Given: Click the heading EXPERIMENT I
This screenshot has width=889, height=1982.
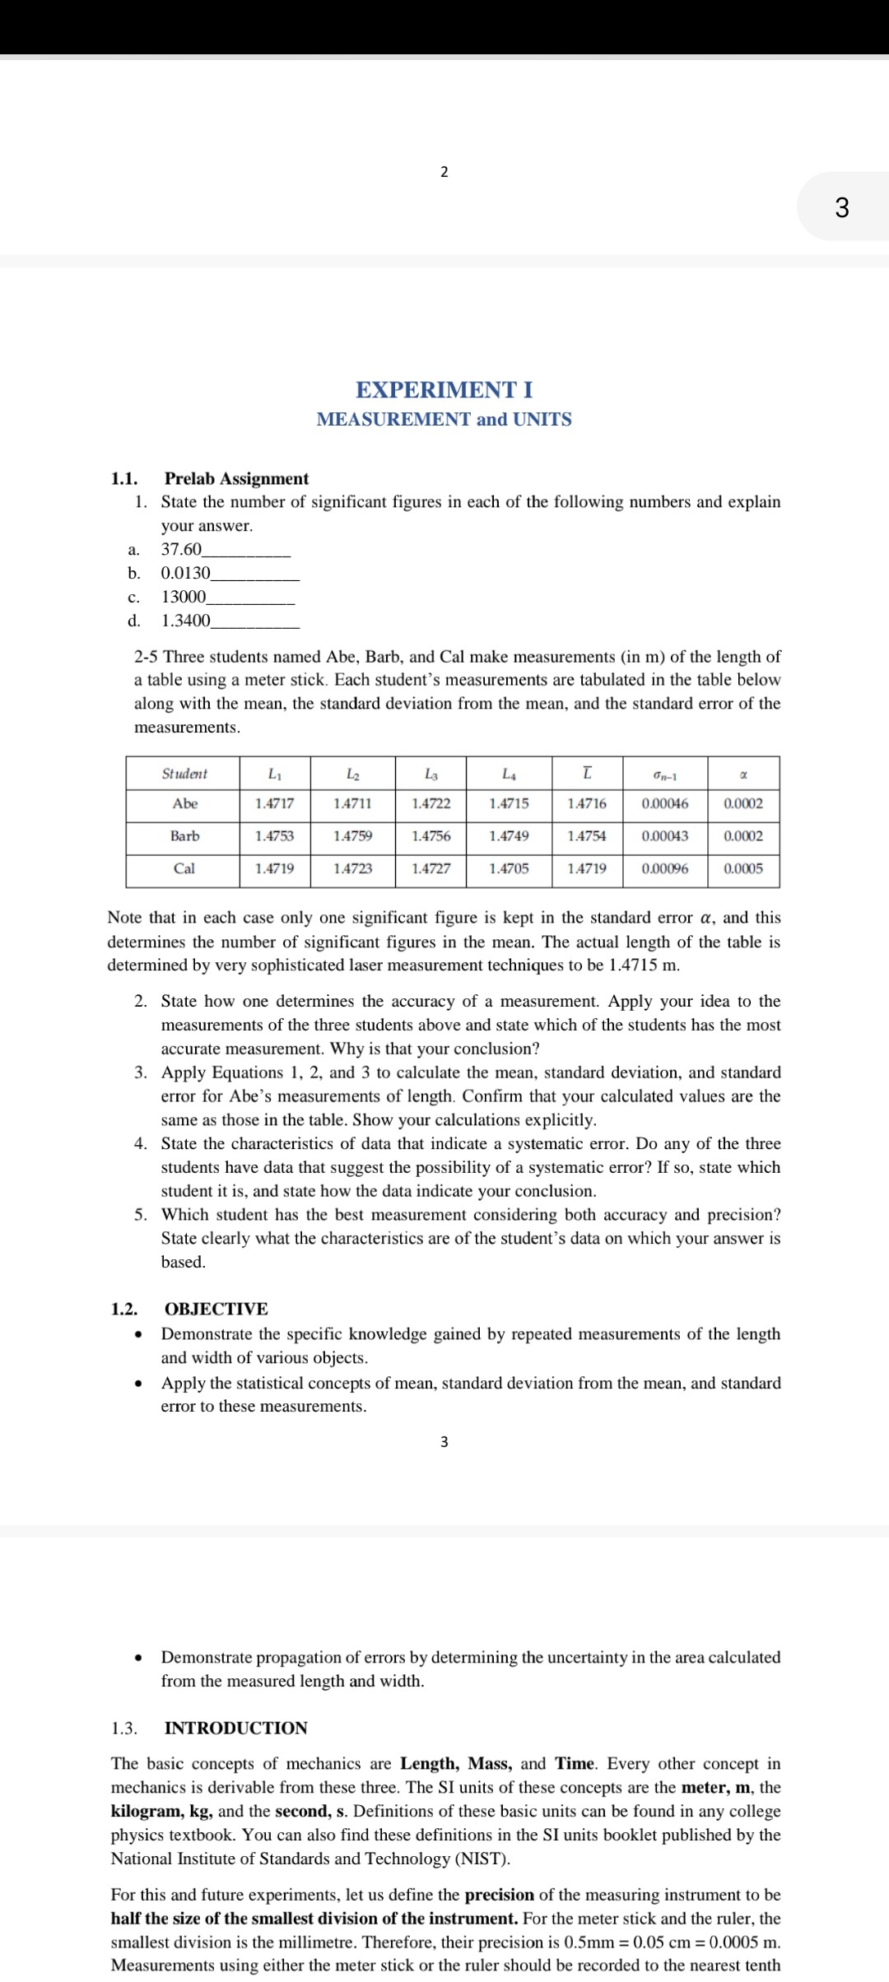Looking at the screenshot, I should [444, 389].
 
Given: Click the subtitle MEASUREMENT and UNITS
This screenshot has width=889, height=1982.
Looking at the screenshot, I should [444, 419].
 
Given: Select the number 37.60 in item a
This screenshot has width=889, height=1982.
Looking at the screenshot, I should [181, 549].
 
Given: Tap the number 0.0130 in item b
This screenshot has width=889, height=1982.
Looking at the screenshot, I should [185, 573].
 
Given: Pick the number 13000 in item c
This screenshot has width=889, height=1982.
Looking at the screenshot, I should [184, 597].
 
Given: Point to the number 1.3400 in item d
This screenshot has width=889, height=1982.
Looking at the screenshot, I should [185, 621].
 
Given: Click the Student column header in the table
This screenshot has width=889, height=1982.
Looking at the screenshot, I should [184, 774].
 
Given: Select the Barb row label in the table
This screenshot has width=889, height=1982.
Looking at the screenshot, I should [184, 836].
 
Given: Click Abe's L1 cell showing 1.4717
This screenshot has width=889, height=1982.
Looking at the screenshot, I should [274, 803].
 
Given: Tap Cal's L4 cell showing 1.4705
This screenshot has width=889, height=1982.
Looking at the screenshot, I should [509, 868].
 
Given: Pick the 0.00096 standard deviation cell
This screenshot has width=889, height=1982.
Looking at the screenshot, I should [664, 868].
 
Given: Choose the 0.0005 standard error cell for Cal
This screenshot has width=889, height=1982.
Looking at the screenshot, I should [743, 868].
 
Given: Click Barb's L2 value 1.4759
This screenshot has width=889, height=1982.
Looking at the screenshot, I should [352, 836].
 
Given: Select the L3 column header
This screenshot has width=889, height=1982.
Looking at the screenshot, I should [431, 774].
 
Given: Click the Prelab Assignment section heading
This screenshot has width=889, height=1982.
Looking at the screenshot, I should [236, 479].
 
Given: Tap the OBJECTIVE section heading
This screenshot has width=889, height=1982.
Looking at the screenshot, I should [216, 1310].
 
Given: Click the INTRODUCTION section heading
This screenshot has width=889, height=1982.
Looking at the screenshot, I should [235, 1728].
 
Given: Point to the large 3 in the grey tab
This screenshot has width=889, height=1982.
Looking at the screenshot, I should [841, 207].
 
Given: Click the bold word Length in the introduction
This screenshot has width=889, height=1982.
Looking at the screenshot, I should [430, 1764].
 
